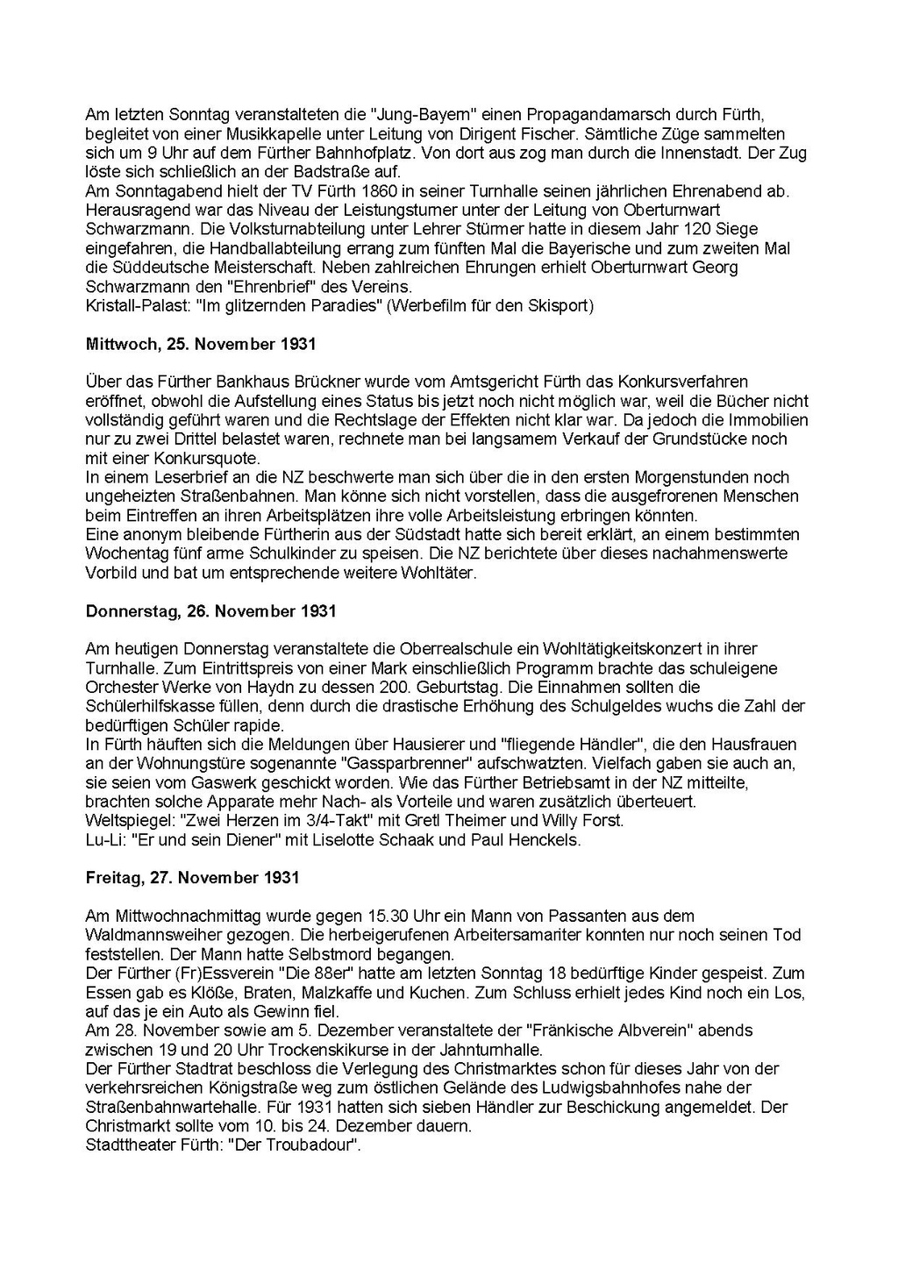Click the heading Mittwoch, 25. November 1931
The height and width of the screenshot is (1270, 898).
tap(201, 344)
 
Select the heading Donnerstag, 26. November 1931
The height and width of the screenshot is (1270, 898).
tap(211, 610)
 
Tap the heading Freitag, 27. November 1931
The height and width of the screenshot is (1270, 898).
tap(193, 877)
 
